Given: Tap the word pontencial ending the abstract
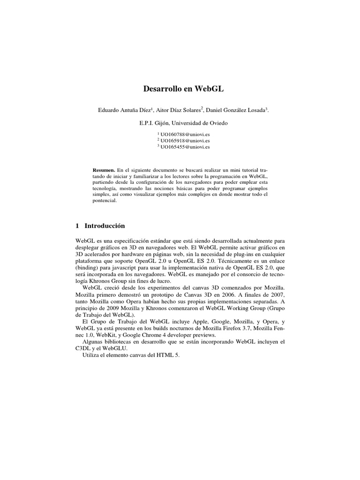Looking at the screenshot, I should coord(104,201).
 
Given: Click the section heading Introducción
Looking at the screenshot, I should coord(104,225).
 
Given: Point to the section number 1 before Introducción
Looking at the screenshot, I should coord(77,225).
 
